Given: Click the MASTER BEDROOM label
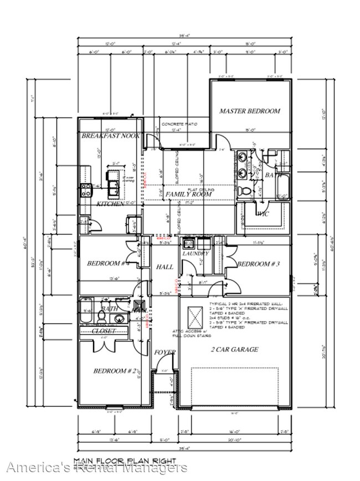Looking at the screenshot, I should [x=249, y=111].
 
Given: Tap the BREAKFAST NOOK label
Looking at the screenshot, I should [x=110, y=136].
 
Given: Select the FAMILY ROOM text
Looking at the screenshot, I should [x=189, y=195].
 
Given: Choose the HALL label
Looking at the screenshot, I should [x=164, y=267].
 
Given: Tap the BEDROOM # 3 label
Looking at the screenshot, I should [x=256, y=264].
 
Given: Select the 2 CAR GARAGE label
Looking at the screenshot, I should [x=234, y=350].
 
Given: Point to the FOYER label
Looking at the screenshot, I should [x=164, y=352].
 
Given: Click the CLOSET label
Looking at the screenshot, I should [x=104, y=331].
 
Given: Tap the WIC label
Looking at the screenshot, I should [x=263, y=214].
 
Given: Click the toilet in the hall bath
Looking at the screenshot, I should [x=102, y=316].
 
